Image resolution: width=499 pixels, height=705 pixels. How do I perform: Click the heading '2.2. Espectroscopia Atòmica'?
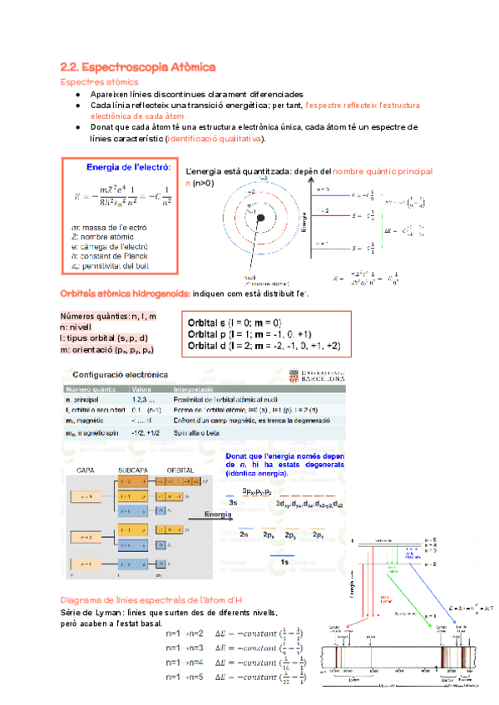coord(138,66)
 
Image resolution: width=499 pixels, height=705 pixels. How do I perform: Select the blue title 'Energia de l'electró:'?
coord(128,167)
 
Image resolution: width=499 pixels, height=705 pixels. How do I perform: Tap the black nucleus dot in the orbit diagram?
coord(261,218)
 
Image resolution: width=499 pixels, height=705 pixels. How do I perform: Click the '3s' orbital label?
coord(234,503)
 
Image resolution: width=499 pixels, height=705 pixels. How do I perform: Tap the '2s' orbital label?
coord(245,535)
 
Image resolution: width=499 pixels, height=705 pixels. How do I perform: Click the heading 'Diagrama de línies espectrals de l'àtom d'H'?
coord(151,600)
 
